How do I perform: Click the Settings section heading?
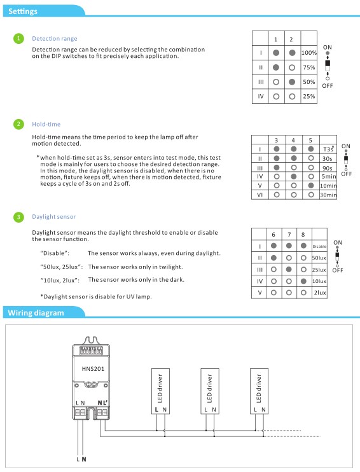coord(23,11)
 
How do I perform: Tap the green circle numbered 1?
coord(18,38)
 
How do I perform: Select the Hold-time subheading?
coord(46,124)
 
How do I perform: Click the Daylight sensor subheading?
coord(54,217)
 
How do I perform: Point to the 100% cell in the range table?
coord(309,53)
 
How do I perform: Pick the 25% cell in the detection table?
coord(309,96)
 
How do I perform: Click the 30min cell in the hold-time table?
coord(328,195)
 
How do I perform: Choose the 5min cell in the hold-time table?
coord(329,176)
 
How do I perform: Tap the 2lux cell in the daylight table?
coord(320,292)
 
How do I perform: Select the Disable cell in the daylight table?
coord(319,246)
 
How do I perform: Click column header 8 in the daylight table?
coord(303,235)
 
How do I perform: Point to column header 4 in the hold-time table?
coord(293,140)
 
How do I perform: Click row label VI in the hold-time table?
coord(260,195)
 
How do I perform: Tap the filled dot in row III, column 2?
coord(292,81)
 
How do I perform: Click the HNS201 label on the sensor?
coord(93,369)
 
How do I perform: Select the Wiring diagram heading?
coord(36,313)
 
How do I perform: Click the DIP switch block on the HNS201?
coord(90,351)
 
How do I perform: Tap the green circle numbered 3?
coord(18,217)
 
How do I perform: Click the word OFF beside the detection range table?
coord(327,86)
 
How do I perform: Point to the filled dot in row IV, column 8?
coord(303,281)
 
